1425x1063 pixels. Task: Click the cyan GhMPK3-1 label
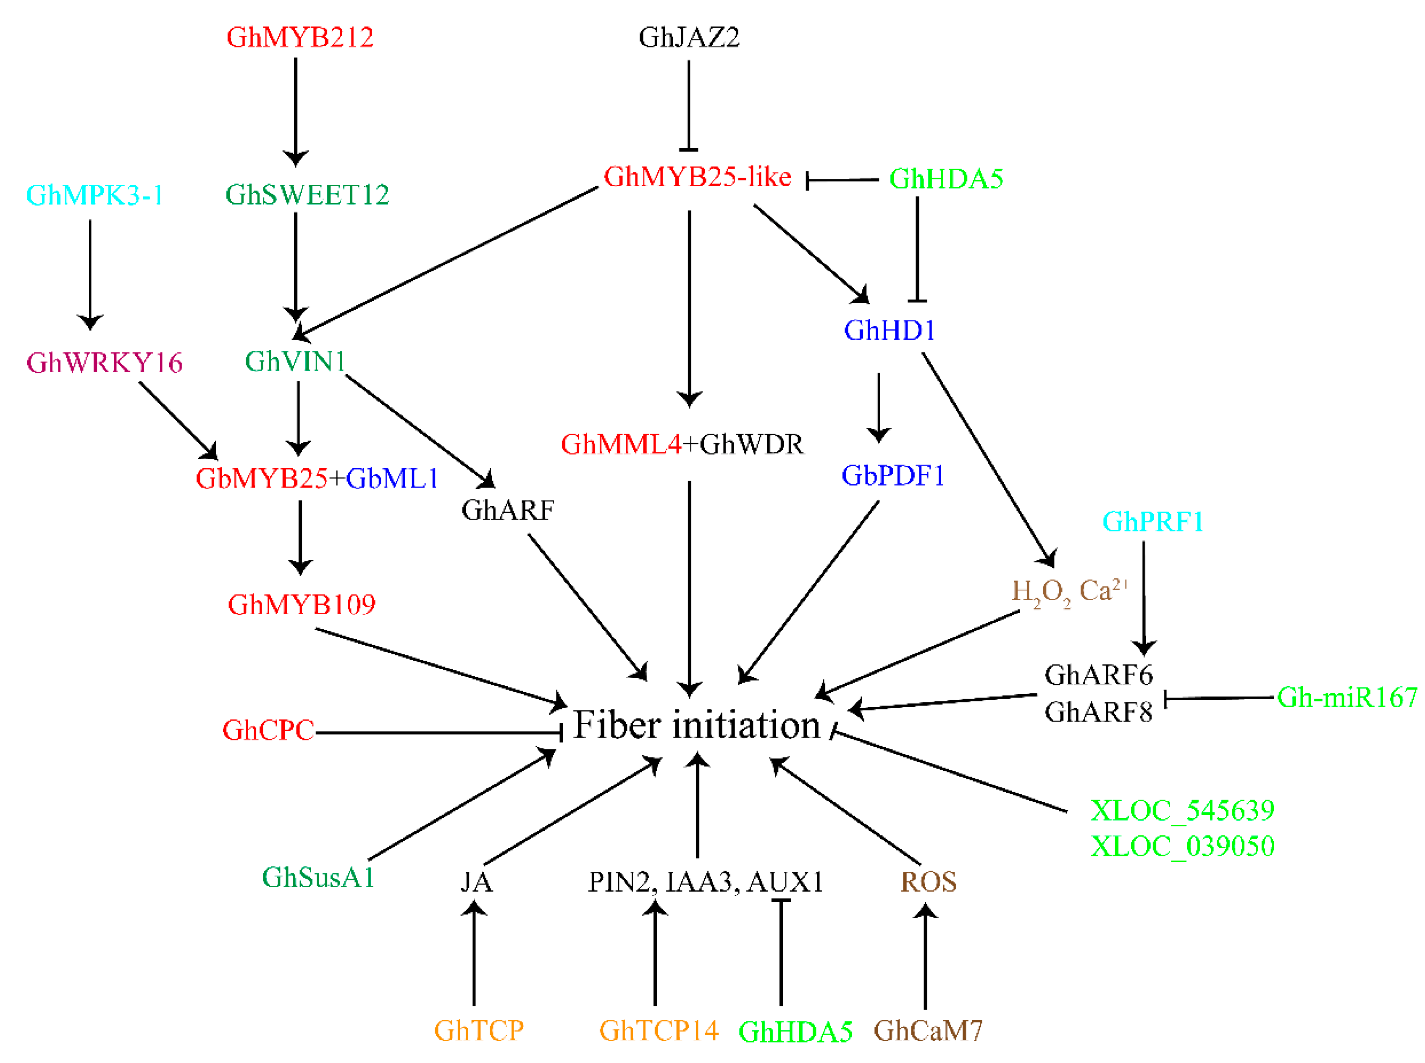94,195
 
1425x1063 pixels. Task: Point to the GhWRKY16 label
104,363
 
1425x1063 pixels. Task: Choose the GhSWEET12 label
307,195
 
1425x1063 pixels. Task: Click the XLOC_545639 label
1182,811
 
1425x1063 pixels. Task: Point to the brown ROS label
928,882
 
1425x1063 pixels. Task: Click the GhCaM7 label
928,1031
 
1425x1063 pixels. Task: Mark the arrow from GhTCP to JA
474,952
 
